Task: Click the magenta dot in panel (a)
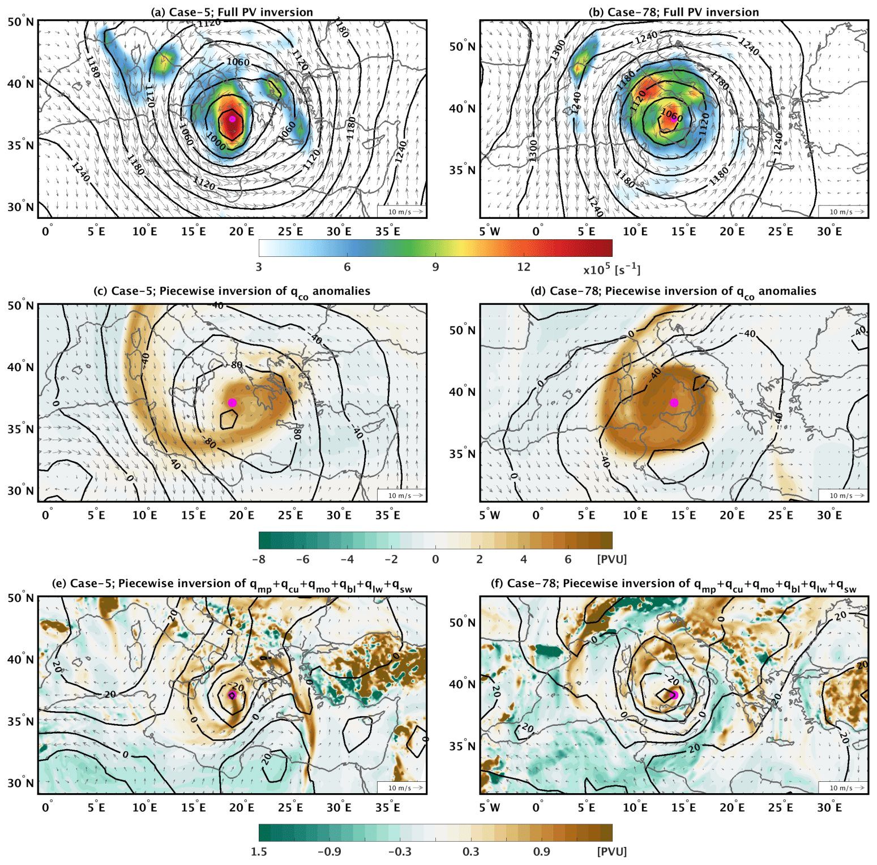tap(232, 119)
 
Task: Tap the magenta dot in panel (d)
tap(674, 402)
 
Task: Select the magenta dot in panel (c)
tap(232, 402)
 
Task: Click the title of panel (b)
tap(673, 12)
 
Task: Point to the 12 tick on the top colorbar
tap(523, 267)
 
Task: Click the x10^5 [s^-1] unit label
tap(612, 269)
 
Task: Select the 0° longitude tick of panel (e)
tap(48, 807)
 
